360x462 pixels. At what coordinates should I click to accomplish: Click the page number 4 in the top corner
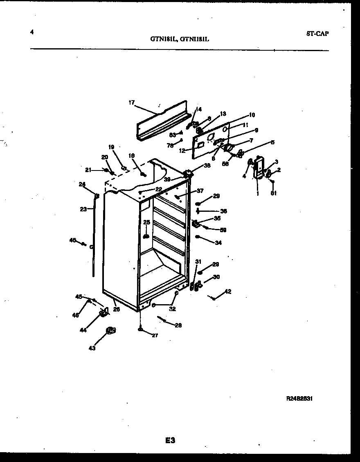(x=32, y=33)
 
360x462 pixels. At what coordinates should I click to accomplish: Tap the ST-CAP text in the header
(x=317, y=34)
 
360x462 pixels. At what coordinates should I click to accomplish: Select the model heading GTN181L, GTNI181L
(x=180, y=40)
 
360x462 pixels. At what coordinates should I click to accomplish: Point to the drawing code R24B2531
(x=300, y=399)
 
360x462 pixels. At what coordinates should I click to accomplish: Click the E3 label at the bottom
(x=170, y=440)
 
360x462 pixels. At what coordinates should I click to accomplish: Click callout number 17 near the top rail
(x=131, y=103)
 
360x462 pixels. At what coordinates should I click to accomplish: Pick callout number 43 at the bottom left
(x=92, y=348)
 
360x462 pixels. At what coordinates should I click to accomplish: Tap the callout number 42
(x=228, y=292)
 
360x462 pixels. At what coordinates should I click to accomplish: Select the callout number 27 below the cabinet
(x=155, y=335)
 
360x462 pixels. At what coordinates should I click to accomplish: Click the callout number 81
(x=273, y=194)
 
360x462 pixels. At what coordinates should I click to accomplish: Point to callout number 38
(x=207, y=166)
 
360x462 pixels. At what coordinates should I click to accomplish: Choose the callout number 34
(x=218, y=243)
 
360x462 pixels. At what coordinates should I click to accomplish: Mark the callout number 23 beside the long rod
(x=83, y=209)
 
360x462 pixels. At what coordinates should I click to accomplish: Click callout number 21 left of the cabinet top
(x=88, y=170)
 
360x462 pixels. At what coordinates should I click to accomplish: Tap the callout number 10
(x=252, y=115)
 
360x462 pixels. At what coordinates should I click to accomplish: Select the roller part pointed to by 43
(x=110, y=330)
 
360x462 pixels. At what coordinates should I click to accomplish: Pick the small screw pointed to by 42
(x=213, y=298)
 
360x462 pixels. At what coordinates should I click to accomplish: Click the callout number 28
(x=178, y=325)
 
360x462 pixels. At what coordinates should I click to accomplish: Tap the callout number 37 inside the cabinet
(x=200, y=191)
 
